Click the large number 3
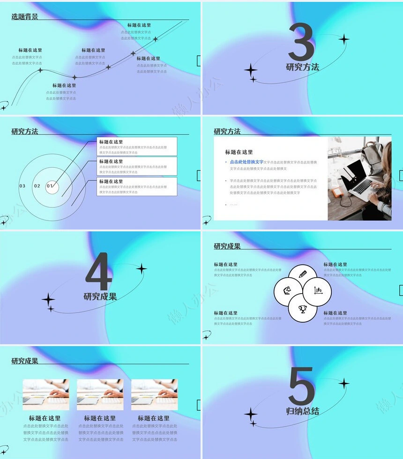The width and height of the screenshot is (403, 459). pos(301,43)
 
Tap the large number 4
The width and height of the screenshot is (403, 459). pos(99,272)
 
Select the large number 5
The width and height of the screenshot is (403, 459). pos(301,386)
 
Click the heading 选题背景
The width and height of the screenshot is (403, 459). pos(25,17)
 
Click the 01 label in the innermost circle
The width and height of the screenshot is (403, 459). pos(50,186)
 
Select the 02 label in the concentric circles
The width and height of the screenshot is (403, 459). pos(37,186)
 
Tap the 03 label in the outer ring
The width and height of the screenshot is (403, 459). pos(22,186)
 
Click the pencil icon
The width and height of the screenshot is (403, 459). pos(302,274)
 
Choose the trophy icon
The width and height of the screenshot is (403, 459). pos(302,308)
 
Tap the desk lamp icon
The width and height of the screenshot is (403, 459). pos(287,291)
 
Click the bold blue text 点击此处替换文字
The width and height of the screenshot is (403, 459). pos(246,162)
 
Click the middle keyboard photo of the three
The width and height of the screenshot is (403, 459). pos(100,394)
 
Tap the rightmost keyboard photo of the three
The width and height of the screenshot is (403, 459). pos(154,394)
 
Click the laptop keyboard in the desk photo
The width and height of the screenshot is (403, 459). pos(363,186)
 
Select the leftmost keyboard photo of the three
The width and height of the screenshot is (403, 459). pos(46,394)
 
